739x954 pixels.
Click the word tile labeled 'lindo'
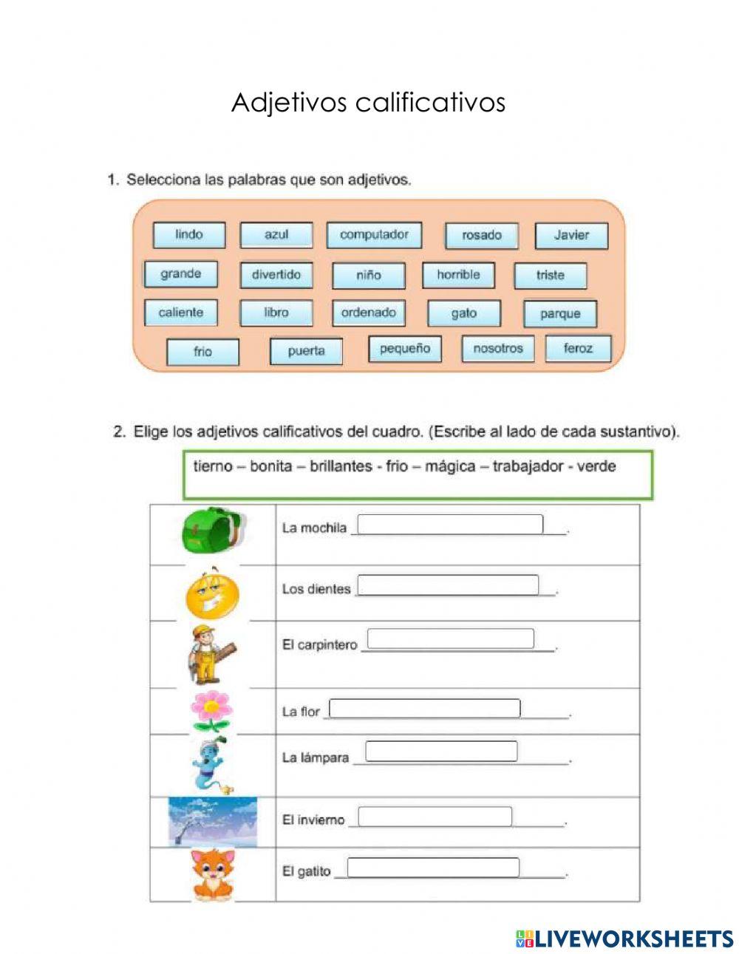188,235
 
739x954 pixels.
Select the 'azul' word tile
276,235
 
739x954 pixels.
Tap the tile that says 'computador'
374,235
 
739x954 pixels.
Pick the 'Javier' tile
571,236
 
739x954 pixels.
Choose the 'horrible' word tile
458,275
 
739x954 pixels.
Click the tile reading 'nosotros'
497,349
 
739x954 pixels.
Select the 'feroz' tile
578,349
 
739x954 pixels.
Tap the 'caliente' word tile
180,313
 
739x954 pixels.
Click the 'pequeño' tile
404,349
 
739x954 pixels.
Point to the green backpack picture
212,528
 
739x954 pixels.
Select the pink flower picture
210,711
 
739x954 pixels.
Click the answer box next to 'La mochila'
450,525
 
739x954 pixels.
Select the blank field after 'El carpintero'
450,639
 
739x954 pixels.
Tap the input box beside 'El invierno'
435,817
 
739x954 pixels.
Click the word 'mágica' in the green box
450,467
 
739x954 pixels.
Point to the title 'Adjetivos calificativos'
368,103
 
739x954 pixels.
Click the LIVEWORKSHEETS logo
624,938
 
